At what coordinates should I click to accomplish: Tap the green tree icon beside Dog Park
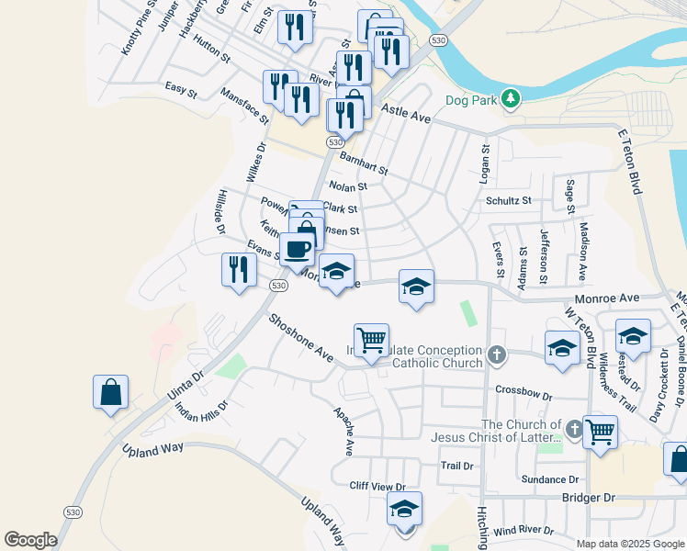510,99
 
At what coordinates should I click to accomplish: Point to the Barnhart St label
365,164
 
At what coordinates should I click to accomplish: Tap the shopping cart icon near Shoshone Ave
371,340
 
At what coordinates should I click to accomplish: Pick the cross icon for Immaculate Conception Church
497,354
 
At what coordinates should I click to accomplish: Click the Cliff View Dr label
377,485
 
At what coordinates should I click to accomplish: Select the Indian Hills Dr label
201,399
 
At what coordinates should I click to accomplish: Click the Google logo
30,540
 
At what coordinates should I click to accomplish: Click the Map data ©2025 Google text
630,544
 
